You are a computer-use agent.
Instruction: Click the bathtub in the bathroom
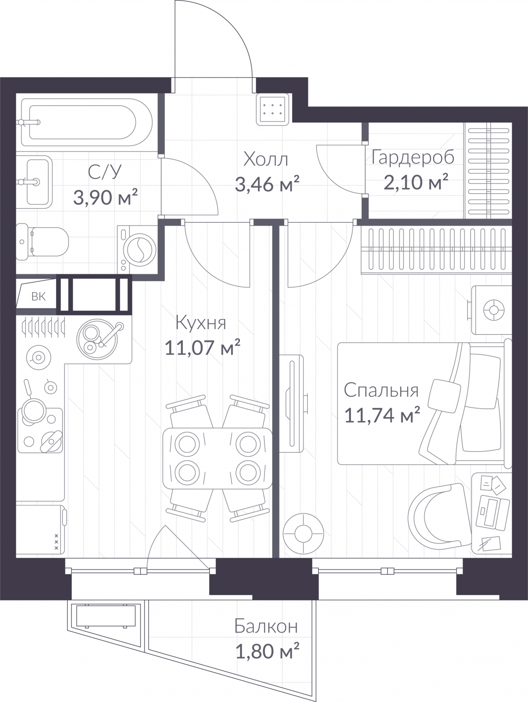click(x=86, y=122)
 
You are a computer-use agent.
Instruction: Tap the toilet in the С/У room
click(x=42, y=241)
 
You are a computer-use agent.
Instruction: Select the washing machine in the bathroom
click(x=138, y=250)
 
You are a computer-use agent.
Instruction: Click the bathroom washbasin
click(x=34, y=182)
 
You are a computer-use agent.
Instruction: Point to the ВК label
click(x=39, y=297)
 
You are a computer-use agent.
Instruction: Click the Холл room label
click(x=266, y=159)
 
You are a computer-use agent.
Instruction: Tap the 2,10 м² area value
click(x=416, y=182)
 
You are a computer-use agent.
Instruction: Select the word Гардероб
click(x=413, y=158)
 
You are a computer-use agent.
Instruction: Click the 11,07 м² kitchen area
click(x=202, y=347)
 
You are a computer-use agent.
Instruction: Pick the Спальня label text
click(x=381, y=390)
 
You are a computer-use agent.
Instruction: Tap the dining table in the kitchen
click(x=218, y=458)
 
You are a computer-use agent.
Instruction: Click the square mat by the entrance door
click(x=273, y=109)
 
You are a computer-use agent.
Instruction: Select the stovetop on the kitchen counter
click(x=40, y=430)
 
